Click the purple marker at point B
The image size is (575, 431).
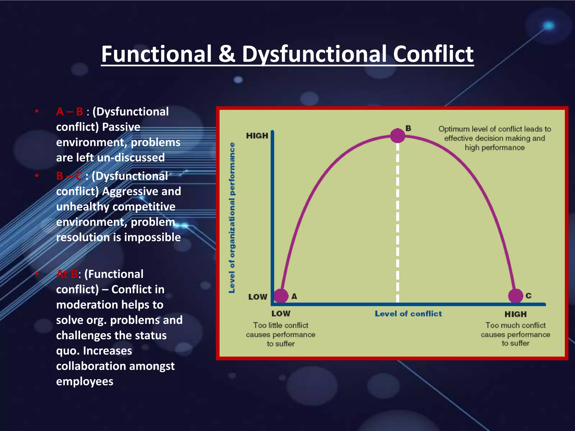pos(397,136)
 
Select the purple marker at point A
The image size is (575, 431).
pos(281,295)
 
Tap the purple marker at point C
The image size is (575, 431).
pos(515,295)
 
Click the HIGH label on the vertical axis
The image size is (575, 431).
pos(257,136)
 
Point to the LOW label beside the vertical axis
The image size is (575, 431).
pos(257,297)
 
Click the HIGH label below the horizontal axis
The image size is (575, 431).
pos(515,314)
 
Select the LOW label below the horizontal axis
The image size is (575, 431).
pos(281,314)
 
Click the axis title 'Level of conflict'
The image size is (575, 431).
pos(408,314)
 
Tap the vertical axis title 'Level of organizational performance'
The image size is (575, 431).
pos(232,217)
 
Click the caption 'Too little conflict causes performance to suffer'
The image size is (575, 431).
pos(281,334)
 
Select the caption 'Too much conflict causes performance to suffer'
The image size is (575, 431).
pos(515,334)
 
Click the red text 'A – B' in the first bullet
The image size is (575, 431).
pos(69,112)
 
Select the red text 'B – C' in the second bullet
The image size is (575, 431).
pos(69,176)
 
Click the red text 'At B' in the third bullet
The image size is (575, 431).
pos(67,274)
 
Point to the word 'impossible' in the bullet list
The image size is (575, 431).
pos(152,237)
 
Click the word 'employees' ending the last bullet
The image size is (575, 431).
pos(85,381)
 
